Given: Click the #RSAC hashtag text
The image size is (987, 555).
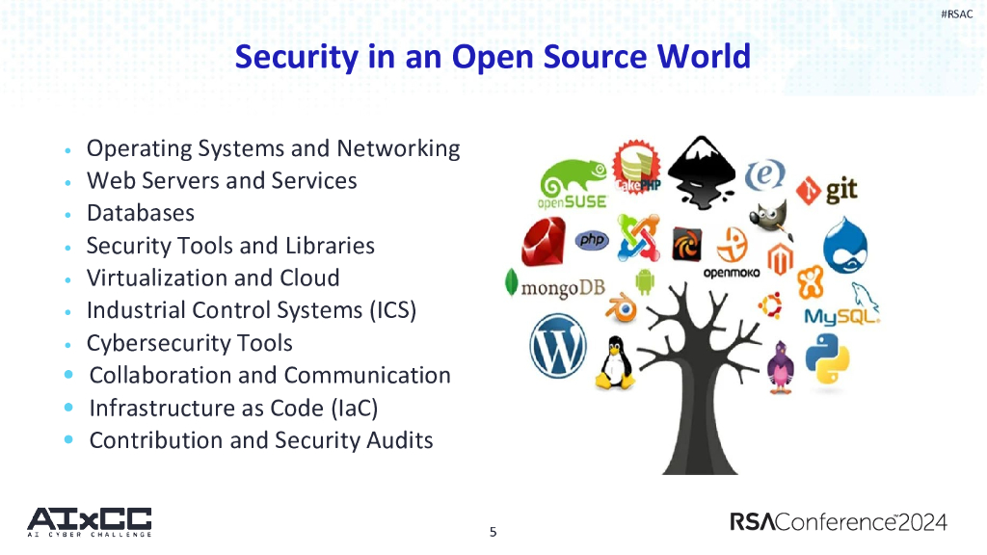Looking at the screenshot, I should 956,14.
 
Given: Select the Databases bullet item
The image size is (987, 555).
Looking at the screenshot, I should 141,213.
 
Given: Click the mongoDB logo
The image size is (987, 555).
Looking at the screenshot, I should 555,286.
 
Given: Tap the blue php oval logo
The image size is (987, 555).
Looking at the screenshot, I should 592,240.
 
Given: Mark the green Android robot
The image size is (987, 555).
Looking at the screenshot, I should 645,281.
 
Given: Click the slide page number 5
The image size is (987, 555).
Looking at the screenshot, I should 493,532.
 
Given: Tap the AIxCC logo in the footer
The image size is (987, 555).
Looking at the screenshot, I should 90,521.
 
